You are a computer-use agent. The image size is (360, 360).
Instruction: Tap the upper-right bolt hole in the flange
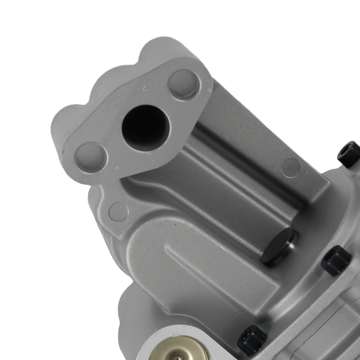[184, 85]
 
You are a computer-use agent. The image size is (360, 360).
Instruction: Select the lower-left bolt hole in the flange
[91, 157]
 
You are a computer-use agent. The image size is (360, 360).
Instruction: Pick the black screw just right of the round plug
[336, 260]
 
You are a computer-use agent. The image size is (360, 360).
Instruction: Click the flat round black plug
[279, 246]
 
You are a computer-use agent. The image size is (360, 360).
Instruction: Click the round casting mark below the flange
[118, 212]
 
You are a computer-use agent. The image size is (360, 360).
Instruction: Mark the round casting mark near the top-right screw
[291, 168]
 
